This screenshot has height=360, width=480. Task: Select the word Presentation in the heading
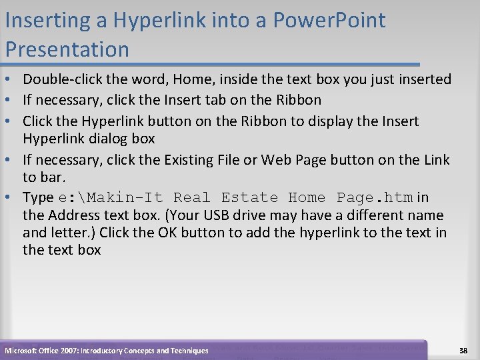[x=67, y=49]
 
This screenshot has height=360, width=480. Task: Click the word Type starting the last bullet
[x=38, y=198]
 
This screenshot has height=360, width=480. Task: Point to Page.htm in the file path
[x=375, y=198]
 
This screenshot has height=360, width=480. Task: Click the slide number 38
[x=463, y=351]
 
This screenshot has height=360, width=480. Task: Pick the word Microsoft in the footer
[x=21, y=351]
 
